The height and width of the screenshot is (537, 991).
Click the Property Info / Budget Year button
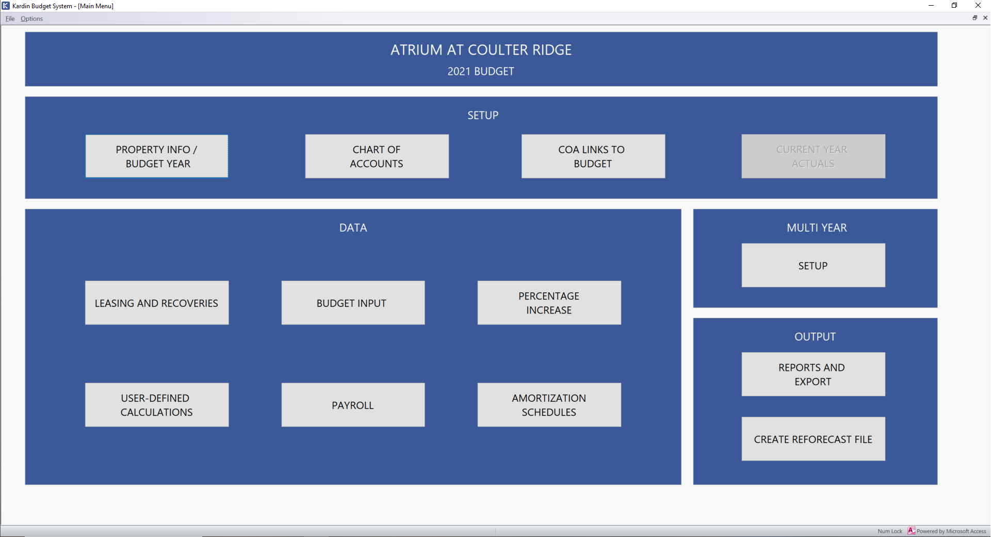click(x=157, y=156)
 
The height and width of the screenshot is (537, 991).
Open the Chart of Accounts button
click(x=377, y=156)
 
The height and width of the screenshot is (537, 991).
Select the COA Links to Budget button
click(x=593, y=156)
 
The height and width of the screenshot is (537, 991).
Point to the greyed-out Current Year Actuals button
click(x=813, y=156)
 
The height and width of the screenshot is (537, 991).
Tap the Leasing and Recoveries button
click(x=157, y=303)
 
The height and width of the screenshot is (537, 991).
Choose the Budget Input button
click(x=353, y=303)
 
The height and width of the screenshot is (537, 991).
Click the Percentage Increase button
click(x=549, y=303)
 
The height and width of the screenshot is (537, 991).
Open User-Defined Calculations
click(x=157, y=405)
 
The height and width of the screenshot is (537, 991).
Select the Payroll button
click(x=353, y=405)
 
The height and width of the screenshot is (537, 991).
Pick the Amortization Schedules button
click(x=549, y=405)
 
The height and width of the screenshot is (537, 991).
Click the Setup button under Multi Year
click(x=813, y=265)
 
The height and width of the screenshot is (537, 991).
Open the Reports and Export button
click(x=813, y=375)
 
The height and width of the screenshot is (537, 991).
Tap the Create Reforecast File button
click(x=813, y=439)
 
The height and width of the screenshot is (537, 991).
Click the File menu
click(x=10, y=19)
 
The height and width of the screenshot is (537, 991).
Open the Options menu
click(x=31, y=19)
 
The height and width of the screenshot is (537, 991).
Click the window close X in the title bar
click(x=978, y=6)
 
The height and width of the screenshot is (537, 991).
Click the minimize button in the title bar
click(x=931, y=6)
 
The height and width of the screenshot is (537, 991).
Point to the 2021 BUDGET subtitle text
click(x=481, y=71)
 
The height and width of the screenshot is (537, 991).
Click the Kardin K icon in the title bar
click(x=6, y=6)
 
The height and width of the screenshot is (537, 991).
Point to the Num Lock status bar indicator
click(x=890, y=531)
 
